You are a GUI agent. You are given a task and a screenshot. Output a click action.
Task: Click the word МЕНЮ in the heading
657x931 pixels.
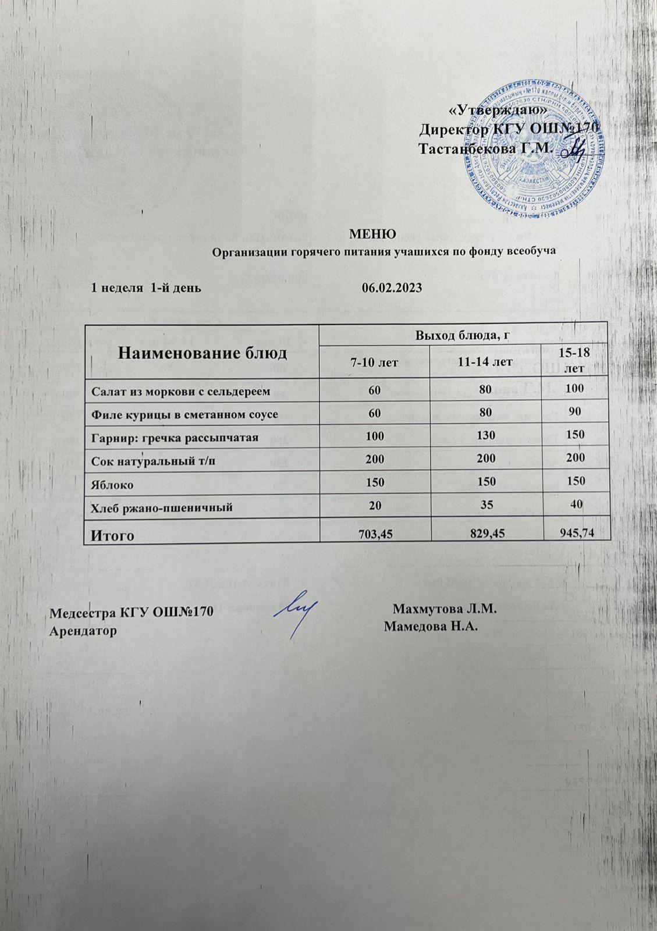(x=372, y=234)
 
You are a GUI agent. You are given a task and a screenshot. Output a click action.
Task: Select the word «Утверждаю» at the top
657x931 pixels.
(x=499, y=110)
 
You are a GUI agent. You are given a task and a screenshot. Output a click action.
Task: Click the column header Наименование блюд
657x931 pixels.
(x=203, y=353)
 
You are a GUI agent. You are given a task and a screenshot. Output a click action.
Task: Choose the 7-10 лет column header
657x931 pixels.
(x=374, y=363)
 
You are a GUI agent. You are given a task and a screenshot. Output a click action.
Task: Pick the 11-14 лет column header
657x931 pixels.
(x=485, y=362)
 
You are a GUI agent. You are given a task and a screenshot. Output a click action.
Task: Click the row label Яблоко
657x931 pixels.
(x=111, y=484)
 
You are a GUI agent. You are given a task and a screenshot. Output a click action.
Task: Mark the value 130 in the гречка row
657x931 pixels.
(x=485, y=435)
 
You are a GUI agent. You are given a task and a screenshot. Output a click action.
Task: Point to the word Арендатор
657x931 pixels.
(x=83, y=631)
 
